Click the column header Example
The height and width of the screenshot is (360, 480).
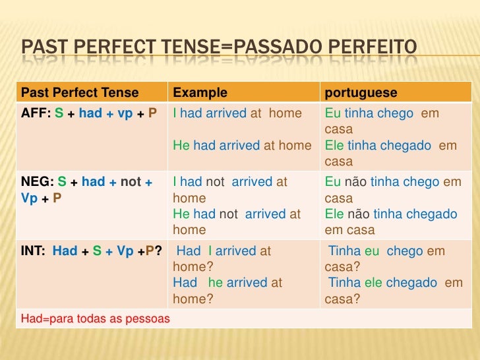coord(200,92)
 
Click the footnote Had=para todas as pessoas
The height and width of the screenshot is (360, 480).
coord(96,318)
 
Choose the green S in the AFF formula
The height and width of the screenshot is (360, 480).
coord(59,113)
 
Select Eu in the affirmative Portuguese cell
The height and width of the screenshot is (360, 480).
coord(333,113)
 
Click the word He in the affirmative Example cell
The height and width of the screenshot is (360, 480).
coord(181,145)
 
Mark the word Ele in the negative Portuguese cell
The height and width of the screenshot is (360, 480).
coord(335,214)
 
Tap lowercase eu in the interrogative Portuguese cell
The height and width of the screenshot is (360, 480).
coord(373,251)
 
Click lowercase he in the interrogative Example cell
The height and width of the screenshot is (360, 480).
coord(215,282)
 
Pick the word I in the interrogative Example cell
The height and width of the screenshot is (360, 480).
coord(210,251)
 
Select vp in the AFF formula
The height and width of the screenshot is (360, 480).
coord(125,113)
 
